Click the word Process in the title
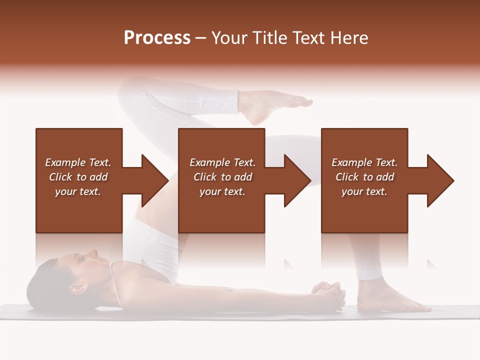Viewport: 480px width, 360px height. coord(157,37)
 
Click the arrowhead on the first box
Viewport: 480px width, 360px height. coord(154,180)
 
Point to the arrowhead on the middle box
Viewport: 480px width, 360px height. coord(297,180)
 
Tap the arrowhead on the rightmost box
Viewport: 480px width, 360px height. coord(440,180)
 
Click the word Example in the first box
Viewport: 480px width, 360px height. coord(65,162)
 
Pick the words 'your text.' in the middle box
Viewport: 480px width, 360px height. coord(222,191)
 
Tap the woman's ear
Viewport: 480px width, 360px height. coord(76,288)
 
